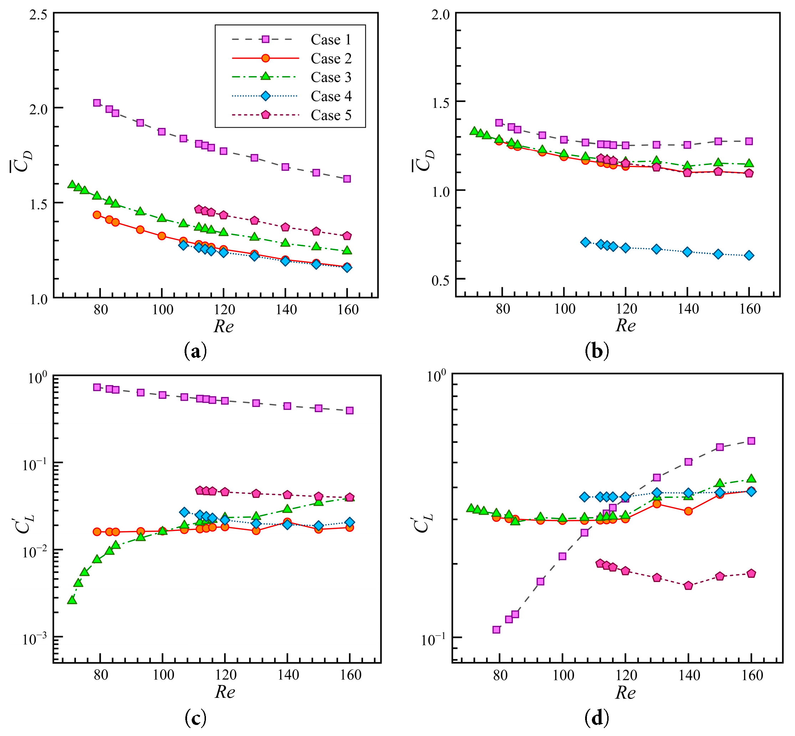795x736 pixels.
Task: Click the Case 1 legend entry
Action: pyautogui.click(x=331, y=40)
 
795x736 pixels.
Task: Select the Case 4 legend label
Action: pyautogui.click(x=331, y=96)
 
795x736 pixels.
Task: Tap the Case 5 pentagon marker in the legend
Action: pyautogui.click(x=265, y=115)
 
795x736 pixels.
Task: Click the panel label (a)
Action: pyautogui.click(x=196, y=351)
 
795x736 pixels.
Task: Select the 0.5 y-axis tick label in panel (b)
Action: pyautogui.click(x=441, y=280)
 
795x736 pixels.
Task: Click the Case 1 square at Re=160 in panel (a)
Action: pyautogui.click(x=347, y=179)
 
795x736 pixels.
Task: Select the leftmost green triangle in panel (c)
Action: pyautogui.click(x=72, y=600)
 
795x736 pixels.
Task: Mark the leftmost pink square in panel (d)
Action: pyautogui.click(x=496, y=630)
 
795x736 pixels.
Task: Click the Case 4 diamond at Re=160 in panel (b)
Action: pyautogui.click(x=749, y=255)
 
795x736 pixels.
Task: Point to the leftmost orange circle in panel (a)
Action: pyautogui.click(x=97, y=215)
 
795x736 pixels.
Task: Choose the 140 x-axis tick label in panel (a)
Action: pyautogui.click(x=286, y=309)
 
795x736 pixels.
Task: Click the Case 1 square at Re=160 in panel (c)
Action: pyautogui.click(x=350, y=410)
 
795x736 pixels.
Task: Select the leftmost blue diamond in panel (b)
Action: pyautogui.click(x=585, y=242)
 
